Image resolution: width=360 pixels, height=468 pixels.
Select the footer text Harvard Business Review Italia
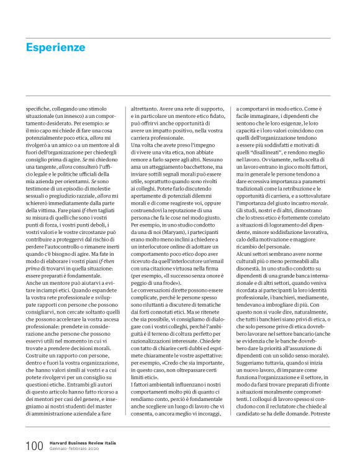coord(84,443)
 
